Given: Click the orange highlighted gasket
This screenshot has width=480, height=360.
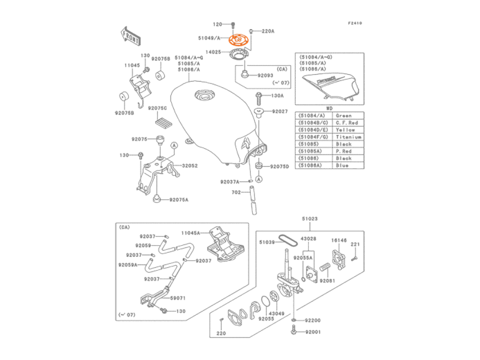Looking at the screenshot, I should (x=238, y=39).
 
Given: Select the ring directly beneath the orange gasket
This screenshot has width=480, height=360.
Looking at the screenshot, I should (x=239, y=53).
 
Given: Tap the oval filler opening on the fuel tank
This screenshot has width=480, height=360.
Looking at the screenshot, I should (x=205, y=94).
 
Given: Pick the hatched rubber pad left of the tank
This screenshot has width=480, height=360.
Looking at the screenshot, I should (x=163, y=122).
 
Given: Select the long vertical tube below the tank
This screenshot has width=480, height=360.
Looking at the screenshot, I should (x=253, y=199).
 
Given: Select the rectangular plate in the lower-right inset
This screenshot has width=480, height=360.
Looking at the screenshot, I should (x=340, y=257).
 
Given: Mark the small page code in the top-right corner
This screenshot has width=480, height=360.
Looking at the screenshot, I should (x=355, y=23).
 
